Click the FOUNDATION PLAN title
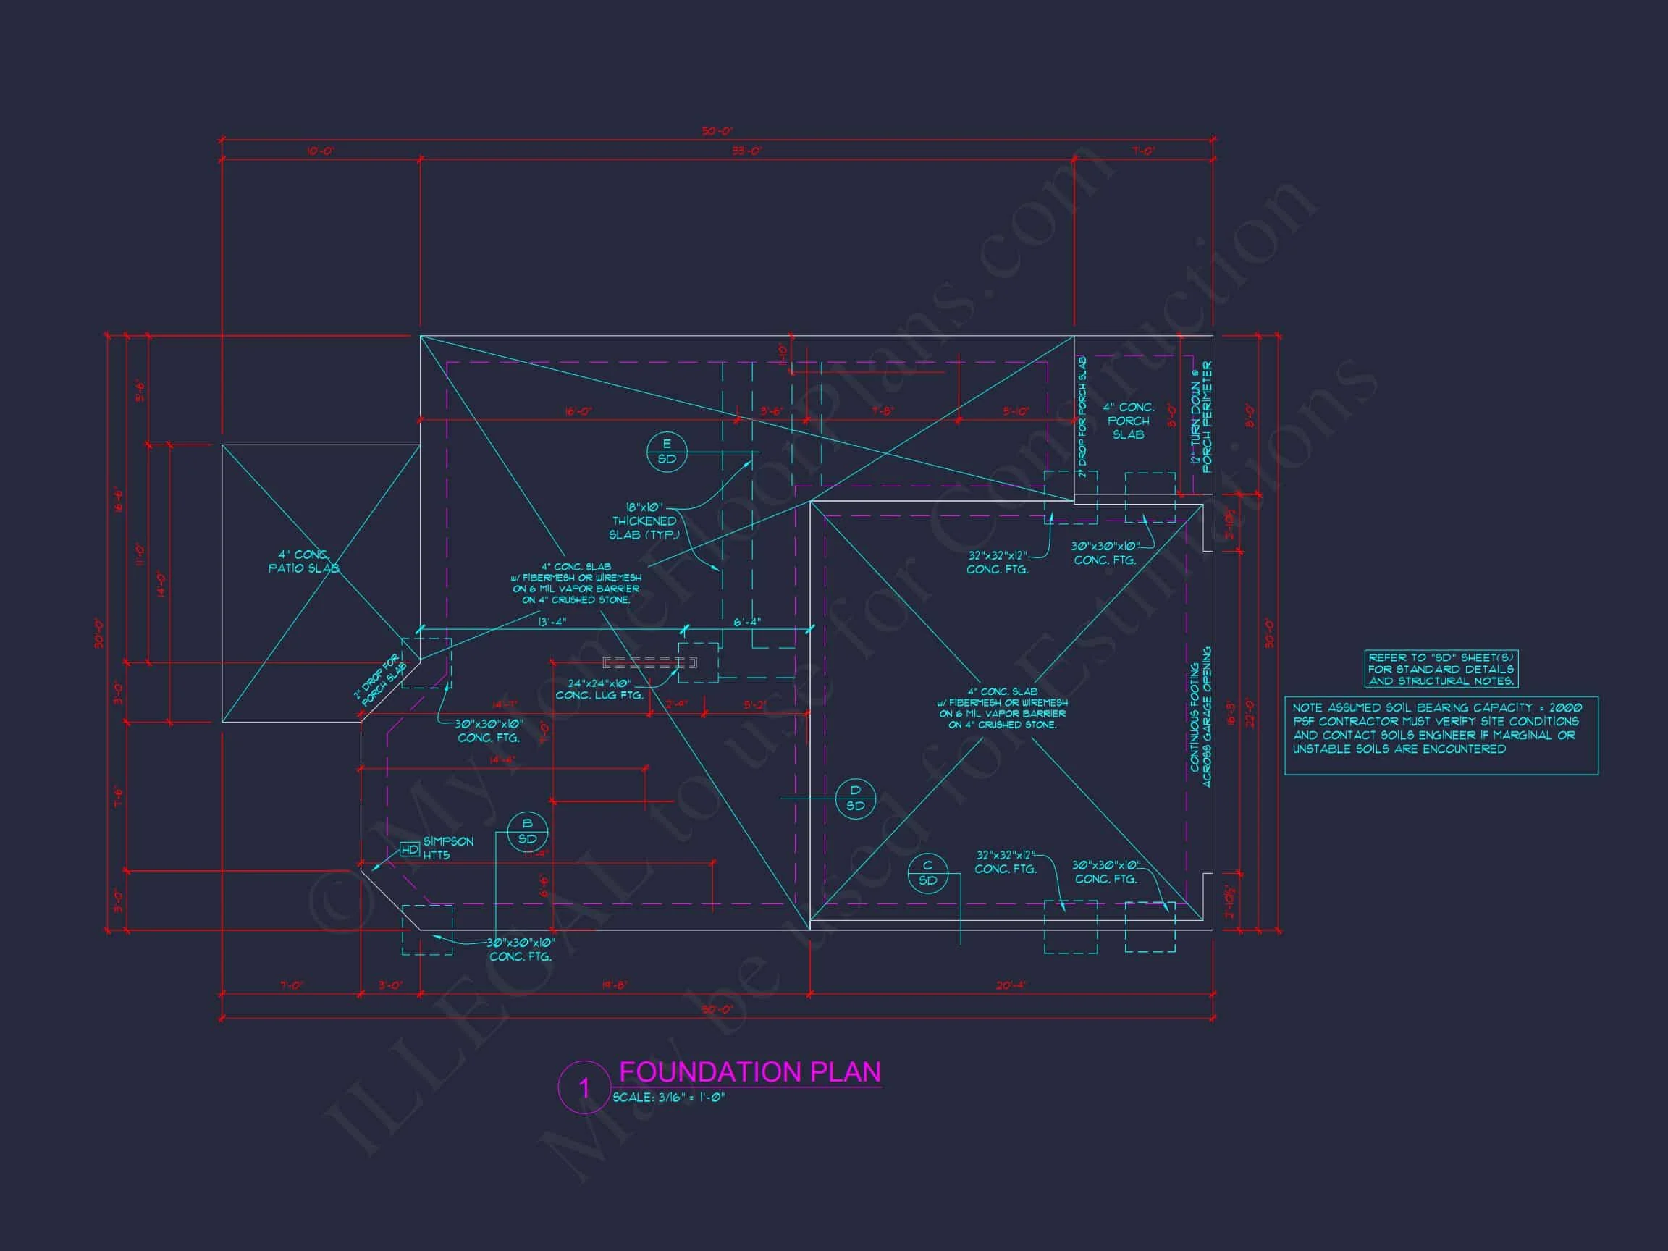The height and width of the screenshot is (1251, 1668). (749, 1071)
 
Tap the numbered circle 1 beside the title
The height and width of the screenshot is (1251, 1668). (583, 1087)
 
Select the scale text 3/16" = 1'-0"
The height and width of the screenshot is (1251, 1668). (668, 1098)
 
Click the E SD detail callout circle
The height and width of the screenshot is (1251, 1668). (667, 452)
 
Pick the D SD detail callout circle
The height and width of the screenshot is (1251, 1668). (855, 798)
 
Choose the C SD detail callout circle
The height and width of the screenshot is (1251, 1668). (927, 873)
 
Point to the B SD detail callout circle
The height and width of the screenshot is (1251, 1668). (527, 831)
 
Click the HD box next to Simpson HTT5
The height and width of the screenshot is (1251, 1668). (410, 850)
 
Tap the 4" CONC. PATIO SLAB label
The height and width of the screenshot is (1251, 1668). (303, 561)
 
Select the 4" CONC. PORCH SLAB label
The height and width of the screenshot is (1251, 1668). (1128, 421)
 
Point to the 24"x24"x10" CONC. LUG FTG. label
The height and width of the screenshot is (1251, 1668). (599, 689)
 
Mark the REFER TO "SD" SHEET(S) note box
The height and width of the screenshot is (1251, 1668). (1440, 669)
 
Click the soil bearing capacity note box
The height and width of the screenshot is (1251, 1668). (1440, 735)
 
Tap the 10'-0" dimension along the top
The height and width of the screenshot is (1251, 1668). (321, 151)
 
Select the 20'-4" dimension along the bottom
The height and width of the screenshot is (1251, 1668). (1011, 985)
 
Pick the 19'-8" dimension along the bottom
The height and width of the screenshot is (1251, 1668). (615, 985)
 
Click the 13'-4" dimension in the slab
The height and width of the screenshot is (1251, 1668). (552, 622)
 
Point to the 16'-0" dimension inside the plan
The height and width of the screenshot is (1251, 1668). (578, 412)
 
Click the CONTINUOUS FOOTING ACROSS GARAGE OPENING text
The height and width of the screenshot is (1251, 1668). (1200, 717)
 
